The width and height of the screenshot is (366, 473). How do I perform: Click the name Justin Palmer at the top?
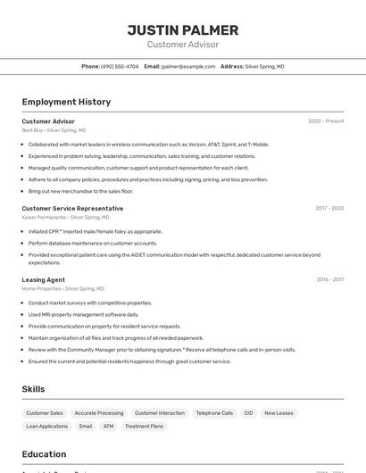pos(182,29)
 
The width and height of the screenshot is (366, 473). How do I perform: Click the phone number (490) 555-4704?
pos(120,66)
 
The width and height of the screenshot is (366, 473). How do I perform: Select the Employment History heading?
pos(66,102)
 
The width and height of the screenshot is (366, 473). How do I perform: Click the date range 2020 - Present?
pos(326,121)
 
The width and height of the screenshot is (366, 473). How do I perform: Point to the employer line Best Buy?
pos(54,130)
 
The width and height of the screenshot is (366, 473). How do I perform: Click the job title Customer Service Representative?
pos(72,209)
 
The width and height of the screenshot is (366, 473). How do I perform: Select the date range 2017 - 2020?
pos(329,208)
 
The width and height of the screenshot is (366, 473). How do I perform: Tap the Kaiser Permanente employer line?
pos(65,217)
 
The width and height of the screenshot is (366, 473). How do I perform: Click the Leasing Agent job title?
pos(43,279)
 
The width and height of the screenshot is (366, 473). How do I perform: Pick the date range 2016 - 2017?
pos(330,279)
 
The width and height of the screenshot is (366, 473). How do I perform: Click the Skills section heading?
pos(33,389)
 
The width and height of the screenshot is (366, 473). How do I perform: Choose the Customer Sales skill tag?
pos(45,413)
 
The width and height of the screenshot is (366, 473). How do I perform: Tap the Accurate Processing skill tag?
pos(99,413)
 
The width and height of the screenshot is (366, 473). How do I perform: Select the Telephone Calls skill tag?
pos(214,413)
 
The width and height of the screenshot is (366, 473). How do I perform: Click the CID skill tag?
pos(248,413)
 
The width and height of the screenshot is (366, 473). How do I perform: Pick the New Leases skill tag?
pos(279,413)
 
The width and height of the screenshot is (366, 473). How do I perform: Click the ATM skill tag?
pos(108,427)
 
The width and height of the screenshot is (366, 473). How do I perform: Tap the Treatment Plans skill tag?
pos(144,427)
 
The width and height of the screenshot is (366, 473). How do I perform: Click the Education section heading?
pos(44,454)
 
